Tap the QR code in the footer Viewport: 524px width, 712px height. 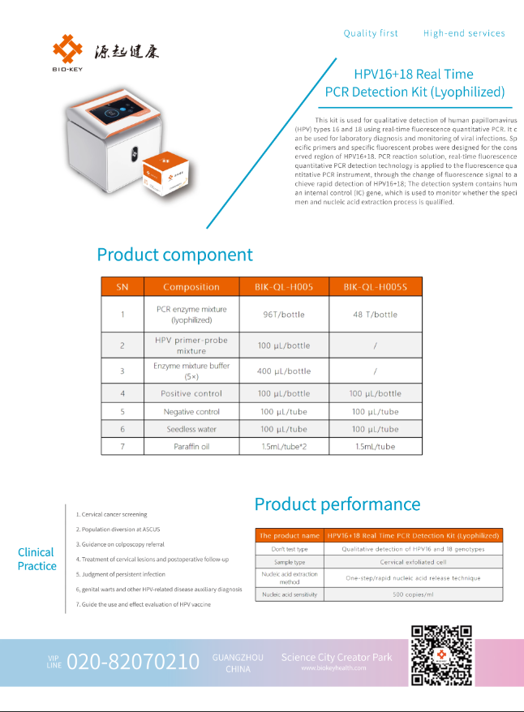point(441,655)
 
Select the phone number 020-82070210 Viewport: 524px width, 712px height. point(133,662)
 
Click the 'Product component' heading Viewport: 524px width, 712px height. point(174,255)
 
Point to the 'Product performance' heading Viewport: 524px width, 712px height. point(337,504)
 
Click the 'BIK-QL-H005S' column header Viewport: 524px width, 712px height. point(376,286)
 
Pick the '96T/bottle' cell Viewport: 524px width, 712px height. point(284,315)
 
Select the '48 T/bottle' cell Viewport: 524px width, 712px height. point(376,315)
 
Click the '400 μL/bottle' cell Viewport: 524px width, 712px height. point(284,371)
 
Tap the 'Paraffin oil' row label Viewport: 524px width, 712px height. point(191,447)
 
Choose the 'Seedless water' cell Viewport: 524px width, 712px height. point(191,429)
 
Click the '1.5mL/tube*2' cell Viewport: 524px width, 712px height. point(284,447)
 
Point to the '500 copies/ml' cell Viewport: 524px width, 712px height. point(414,594)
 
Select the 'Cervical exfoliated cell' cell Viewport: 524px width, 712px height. point(414,562)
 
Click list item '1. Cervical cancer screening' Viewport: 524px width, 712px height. point(112,514)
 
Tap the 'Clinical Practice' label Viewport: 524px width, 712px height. point(37,559)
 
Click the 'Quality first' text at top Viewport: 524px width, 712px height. point(371,33)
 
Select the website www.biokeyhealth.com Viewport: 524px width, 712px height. point(333,668)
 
